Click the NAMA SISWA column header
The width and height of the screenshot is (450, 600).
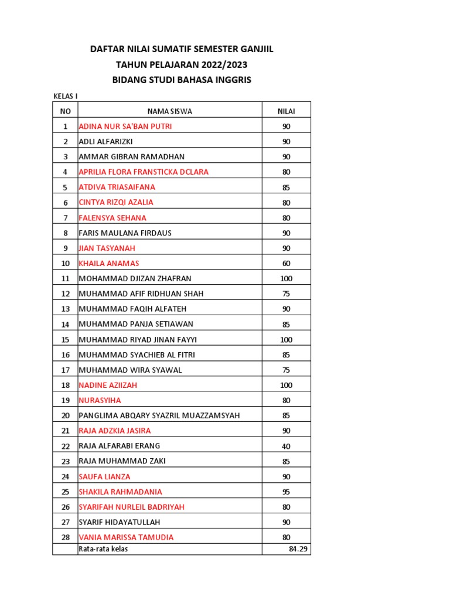[x=170, y=111]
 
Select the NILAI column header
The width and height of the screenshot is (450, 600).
[x=286, y=111]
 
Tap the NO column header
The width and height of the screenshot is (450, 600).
[x=65, y=111]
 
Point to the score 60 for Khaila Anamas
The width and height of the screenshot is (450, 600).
[x=286, y=263]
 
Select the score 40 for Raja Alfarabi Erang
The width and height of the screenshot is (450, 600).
[x=286, y=446]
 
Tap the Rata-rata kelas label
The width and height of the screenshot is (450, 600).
[x=103, y=549]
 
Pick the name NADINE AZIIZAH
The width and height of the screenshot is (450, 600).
[x=108, y=385]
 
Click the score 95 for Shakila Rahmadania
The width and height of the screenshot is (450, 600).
[x=286, y=492]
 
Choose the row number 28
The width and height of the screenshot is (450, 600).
[x=65, y=537]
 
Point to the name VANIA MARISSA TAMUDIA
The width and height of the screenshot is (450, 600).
[x=126, y=537]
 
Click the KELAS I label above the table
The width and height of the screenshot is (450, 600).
[x=65, y=96]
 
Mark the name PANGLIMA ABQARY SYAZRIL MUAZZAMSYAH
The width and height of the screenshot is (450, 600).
[x=159, y=415]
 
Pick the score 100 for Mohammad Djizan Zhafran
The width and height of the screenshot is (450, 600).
[x=286, y=278]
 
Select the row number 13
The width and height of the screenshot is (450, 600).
[x=65, y=309]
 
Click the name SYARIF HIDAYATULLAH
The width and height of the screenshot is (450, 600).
[x=119, y=522]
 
